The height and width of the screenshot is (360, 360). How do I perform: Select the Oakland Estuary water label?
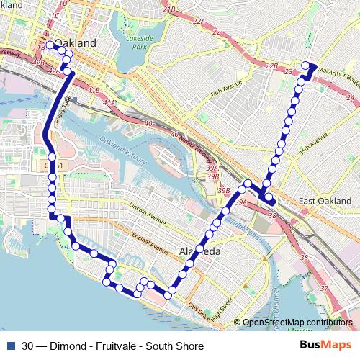pyautogui.click(x=122, y=141)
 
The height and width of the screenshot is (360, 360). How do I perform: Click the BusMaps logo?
pyautogui.click(x=325, y=345)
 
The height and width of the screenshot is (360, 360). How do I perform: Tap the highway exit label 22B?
pyautogui.click(x=271, y=66)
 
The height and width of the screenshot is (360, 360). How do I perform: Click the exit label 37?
pyautogui.click(x=324, y=289)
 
